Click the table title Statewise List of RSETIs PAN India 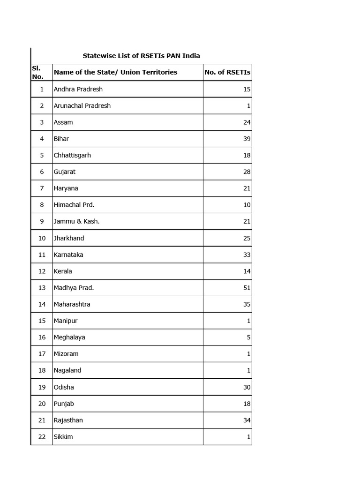(141, 56)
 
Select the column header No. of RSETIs (227, 72)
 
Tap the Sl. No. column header (37, 72)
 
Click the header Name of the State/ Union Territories (115, 72)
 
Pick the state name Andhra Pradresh (78, 89)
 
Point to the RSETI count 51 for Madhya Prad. (247, 288)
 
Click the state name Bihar (61, 139)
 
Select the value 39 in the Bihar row (247, 139)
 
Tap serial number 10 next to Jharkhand (42, 238)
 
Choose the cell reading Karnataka (68, 255)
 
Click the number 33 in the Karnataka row (247, 255)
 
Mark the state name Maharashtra (72, 304)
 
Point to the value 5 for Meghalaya (248, 337)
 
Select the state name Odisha (64, 387)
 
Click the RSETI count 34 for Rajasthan (247, 420)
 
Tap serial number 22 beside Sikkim (42, 437)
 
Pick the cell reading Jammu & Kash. (76, 221)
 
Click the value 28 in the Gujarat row (247, 172)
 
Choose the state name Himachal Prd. (74, 205)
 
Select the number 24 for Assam (247, 122)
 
